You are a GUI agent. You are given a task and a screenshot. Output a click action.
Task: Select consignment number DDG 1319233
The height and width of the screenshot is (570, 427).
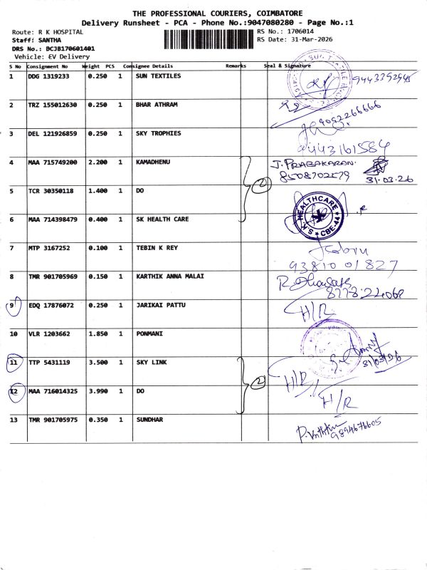(x=48, y=76)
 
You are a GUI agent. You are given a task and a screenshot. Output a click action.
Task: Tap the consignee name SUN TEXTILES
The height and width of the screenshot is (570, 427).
(x=158, y=76)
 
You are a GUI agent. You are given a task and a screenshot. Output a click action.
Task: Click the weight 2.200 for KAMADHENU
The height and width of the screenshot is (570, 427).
(x=97, y=162)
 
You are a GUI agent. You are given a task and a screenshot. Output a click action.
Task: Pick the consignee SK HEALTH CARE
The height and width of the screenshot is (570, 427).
(x=162, y=219)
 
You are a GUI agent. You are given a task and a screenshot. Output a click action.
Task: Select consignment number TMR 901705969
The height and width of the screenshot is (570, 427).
(x=53, y=276)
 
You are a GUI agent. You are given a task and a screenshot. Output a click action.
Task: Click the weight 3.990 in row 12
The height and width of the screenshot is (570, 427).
(x=97, y=391)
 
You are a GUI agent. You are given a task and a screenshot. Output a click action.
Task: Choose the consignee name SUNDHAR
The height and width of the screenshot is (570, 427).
(x=149, y=420)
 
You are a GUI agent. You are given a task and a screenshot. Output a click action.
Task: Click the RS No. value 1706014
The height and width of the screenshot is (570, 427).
(x=299, y=32)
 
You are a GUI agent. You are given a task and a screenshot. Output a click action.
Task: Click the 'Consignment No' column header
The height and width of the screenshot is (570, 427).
(x=48, y=66)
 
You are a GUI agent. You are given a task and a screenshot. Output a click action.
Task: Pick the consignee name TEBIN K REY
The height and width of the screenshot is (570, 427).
(x=157, y=248)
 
